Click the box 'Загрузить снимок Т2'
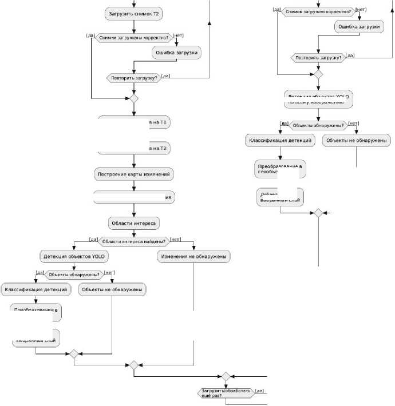click(x=133, y=14)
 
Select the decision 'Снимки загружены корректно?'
click(x=133, y=38)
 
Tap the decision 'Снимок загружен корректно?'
click(x=318, y=11)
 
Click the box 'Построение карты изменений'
click(x=134, y=173)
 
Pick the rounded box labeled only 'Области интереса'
click(x=134, y=222)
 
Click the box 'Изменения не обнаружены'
click(x=194, y=257)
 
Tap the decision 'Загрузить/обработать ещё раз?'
click(x=226, y=393)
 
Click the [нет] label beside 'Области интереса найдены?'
click(x=176, y=239)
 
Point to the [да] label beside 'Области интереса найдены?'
click(x=92, y=239)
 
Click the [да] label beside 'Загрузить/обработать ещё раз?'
click(x=259, y=391)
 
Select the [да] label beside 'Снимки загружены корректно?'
click(x=90, y=35)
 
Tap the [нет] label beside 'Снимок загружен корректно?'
click(x=361, y=9)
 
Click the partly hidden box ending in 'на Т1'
click(x=134, y=122)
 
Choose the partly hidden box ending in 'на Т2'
click(x=134, y=149)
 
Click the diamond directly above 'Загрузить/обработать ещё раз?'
click(x=226, y=376)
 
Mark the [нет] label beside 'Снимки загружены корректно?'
click(x=178, y=35)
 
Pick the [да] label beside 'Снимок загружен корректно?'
click(x=276, y=9)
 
